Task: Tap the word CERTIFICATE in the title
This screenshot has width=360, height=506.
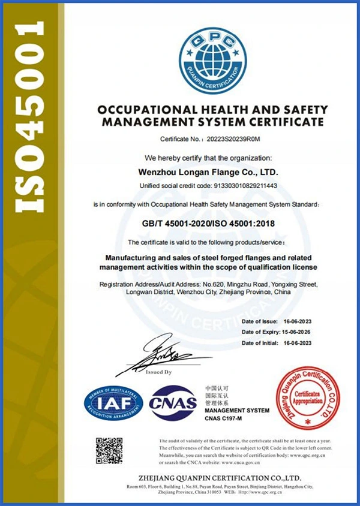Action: click(x=281, y=122)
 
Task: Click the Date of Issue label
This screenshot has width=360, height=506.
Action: click(x=259, y=321)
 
